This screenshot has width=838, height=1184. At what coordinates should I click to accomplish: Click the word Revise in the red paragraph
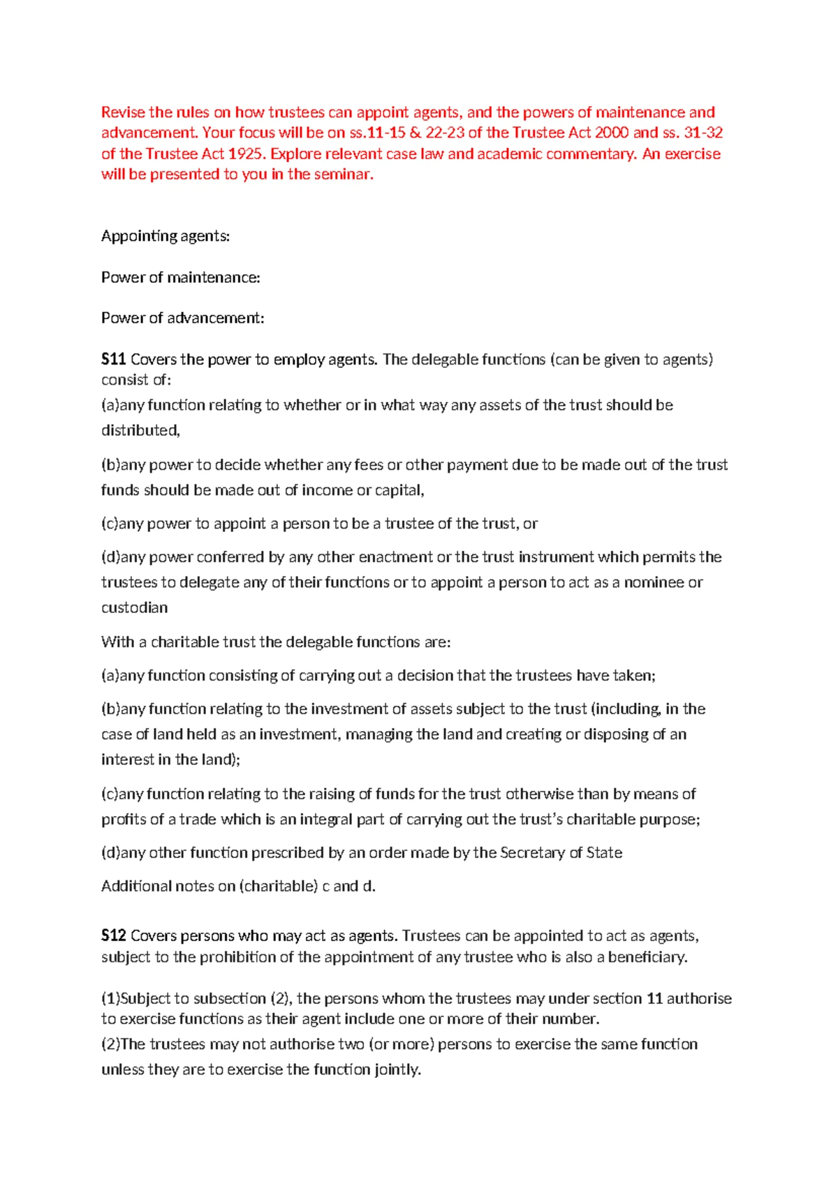123,112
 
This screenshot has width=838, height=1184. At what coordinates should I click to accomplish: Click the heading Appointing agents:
166,236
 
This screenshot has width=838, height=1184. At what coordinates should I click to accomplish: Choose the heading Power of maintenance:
180,278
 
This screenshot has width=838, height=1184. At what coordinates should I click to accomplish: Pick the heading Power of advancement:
182,318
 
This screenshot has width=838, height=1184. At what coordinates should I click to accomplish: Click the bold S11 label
113,360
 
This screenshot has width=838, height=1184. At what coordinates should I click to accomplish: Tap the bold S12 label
113,936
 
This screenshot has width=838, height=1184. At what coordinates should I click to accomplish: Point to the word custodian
134,607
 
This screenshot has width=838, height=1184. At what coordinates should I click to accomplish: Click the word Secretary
533,852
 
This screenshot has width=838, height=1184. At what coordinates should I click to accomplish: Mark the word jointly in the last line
397,1070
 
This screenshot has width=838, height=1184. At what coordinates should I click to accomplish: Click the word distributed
140,430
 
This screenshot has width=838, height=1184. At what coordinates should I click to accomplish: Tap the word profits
122,819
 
